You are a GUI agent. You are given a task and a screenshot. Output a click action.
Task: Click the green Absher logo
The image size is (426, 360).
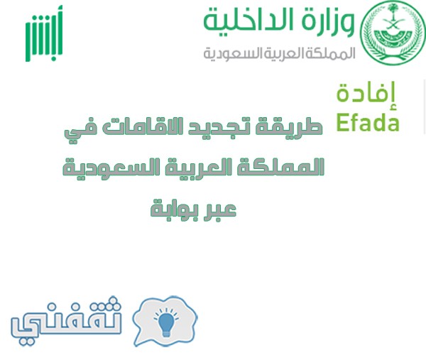[44, 33]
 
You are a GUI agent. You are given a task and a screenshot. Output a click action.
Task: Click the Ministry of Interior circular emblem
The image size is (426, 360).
[393, 33]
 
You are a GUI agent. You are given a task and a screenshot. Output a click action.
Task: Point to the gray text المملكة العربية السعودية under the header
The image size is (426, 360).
[279, 53]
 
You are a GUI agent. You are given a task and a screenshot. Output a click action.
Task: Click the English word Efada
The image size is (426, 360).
[368, 123]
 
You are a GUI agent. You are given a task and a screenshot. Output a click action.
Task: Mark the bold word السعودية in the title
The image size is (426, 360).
[114, 168]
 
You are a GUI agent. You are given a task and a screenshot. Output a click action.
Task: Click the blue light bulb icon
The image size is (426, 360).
[166, 322]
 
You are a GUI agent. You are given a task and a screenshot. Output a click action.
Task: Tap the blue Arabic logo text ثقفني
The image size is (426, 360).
[66, 321]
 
